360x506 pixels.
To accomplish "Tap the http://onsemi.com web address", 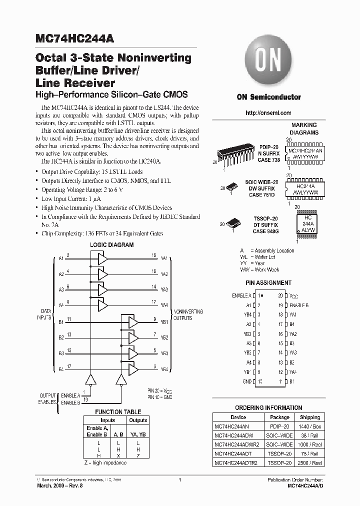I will tap(268, 113).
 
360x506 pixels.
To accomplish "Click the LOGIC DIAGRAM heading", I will tap(111, 245).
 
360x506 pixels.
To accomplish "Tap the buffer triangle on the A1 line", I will tap(102, 258).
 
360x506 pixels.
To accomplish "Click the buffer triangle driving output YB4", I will tap(133, 369).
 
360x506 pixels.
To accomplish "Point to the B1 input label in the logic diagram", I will tap(61, 322).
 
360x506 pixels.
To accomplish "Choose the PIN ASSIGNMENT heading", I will tap(268, 283).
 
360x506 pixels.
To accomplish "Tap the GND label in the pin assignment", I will tap(246, 381).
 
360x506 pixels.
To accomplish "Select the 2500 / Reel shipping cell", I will tap(310, 463).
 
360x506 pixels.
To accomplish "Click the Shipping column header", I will tap(310, 417).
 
